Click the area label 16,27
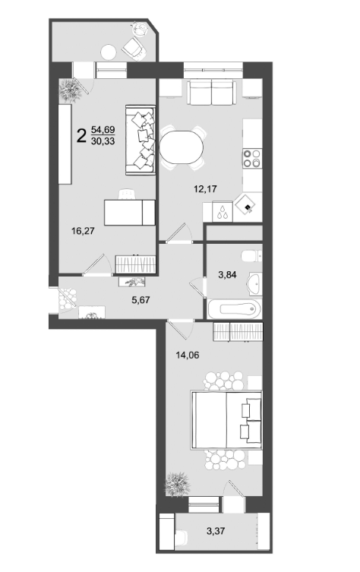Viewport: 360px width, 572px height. [83, 231]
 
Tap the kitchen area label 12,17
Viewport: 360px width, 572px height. [205, 188]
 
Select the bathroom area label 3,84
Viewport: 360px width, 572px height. [227, 275]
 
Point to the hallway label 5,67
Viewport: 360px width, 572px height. [141, 300]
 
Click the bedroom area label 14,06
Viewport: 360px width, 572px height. [188, 355]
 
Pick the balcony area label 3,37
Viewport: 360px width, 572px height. [216, 531]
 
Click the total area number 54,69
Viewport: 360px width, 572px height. [103, 129]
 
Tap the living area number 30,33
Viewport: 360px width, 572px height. [103, 141]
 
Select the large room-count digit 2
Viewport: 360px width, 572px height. [81, 135]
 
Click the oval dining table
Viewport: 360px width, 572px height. [182, 147]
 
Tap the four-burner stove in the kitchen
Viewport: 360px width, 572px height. [252, 158]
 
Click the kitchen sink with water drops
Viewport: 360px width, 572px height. [223, 212]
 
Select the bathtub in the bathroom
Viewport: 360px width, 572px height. [235, 309]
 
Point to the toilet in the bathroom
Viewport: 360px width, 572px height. [251, 256]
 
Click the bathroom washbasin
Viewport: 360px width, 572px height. [254, 283]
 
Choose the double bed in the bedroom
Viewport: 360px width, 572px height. [226, 420]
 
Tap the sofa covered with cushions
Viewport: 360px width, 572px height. [141, 140]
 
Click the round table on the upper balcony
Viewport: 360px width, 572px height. [109, 52]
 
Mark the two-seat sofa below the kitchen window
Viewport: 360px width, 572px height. [212, 93]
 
